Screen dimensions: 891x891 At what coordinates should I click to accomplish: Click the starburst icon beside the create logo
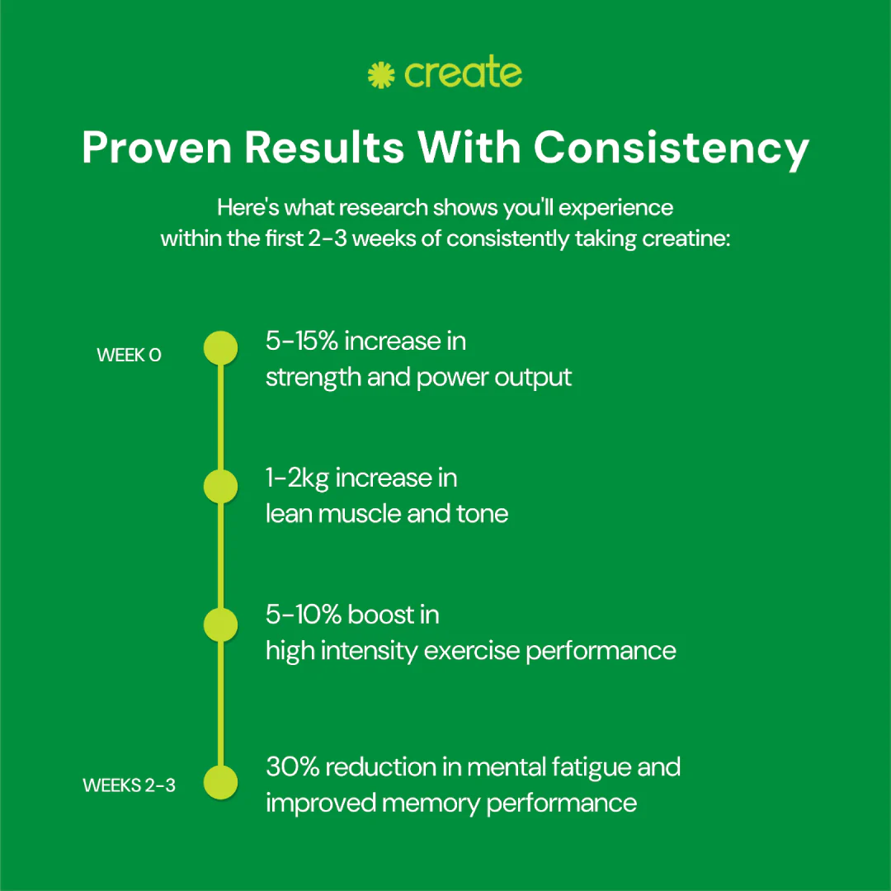[x=380, y=75]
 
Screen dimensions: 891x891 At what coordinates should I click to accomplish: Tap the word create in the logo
[x=463, y=73]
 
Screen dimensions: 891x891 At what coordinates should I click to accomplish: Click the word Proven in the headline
[x=157, y=147]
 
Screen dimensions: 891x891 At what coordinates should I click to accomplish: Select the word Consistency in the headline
[x=671, y=148]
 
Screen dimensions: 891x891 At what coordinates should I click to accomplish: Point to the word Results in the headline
[x=324, y=147]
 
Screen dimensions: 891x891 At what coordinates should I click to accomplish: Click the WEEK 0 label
[x=129, y=355]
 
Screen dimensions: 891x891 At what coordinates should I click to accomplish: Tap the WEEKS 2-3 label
[x=129, y=785]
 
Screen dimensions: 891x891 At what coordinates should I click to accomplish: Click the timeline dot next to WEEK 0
[x=220, y=348]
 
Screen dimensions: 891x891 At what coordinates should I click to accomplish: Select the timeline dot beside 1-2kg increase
[x=220, y=487]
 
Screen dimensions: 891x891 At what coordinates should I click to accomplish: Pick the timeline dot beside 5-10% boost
[x=220, y=625]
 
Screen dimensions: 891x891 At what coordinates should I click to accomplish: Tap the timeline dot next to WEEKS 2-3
[x=220, y=782]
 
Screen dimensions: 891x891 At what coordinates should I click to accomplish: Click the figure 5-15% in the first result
[x=302, y=341]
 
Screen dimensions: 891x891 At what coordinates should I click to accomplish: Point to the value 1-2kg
[x=297, y=478]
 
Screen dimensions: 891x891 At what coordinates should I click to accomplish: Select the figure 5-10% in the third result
[x=304, y=615]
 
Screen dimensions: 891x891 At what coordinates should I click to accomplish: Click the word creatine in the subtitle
[x=686, y=238]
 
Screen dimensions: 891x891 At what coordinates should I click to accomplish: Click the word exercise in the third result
[x=472, y=651]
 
